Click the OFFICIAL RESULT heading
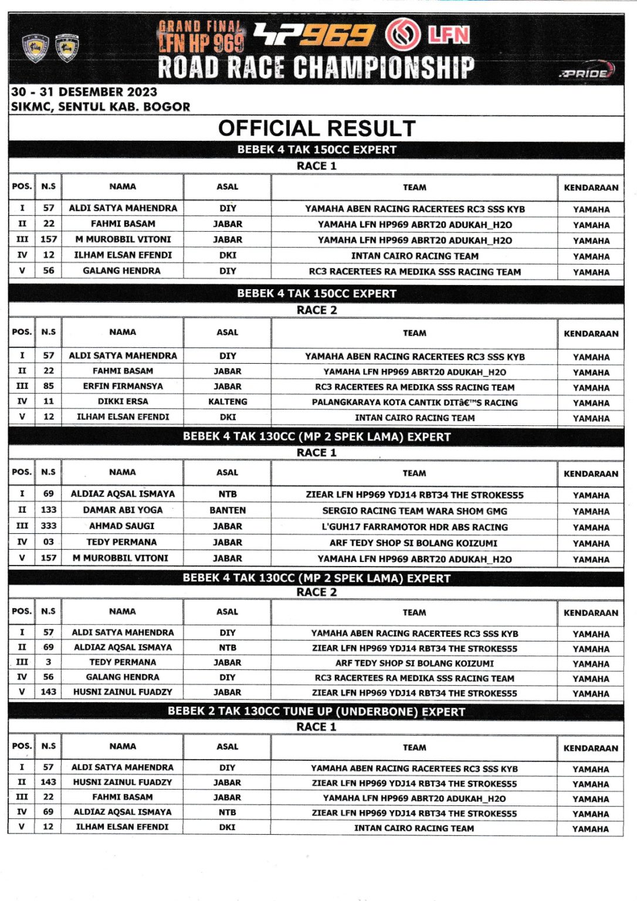coord(317,128)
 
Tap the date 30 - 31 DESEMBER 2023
coord(84,92)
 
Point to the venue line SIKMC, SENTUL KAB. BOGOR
coord(100,107)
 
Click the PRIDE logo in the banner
coord(587,73)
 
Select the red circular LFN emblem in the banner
coord(402,35)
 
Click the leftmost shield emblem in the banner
coord(35,49)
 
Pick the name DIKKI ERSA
coord(123,402)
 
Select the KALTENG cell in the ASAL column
coord(228,402)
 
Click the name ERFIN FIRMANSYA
coord(123,387)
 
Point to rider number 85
coord(49,387)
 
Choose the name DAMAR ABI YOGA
coord(123,510)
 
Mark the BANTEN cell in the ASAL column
coord(228,510)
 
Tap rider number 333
coord(49,526)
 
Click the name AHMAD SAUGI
coord(122,526)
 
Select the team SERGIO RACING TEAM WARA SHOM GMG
coord(414,511)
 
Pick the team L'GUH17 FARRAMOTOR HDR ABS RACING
coord(414,527)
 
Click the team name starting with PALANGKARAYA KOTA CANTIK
coord(414,402)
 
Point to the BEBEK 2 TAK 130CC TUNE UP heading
coord(316,712)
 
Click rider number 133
coord(49,510)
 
